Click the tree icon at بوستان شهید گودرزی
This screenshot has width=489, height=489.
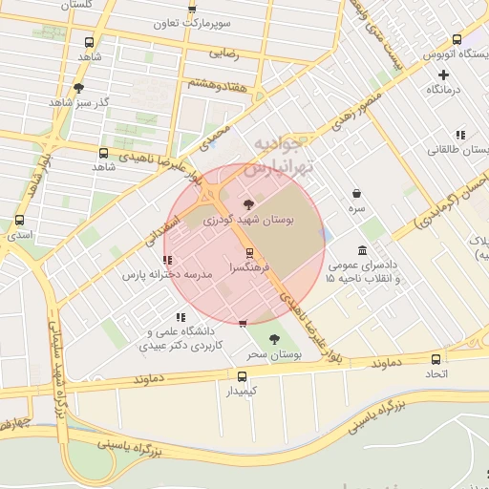click(x=249, y=203)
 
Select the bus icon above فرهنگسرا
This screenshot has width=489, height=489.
click(x=249, y=253)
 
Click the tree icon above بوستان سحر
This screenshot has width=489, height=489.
click(x=275, y=339)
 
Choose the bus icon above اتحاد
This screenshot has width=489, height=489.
click(x=436, y=359)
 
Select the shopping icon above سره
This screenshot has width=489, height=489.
click(x=355, y=193)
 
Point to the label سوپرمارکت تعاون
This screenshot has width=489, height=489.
click(x=191, y=21)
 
